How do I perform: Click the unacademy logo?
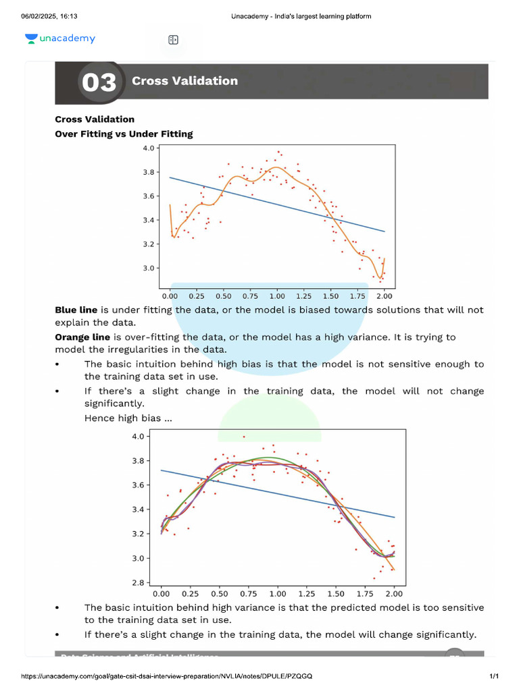coord(60,39)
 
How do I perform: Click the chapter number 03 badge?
coord(99,82)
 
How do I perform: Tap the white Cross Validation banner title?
coord(184,81)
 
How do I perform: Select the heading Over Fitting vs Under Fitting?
coord(124,134)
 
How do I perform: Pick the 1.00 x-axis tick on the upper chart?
coord(276,296)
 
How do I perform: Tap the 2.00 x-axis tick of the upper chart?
coord(384,296)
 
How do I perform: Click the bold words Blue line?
coord(76,310)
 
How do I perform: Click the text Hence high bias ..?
coord(128,418)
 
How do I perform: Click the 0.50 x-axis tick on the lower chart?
coord(219,594)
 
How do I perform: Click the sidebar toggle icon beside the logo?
coord(173,40)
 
